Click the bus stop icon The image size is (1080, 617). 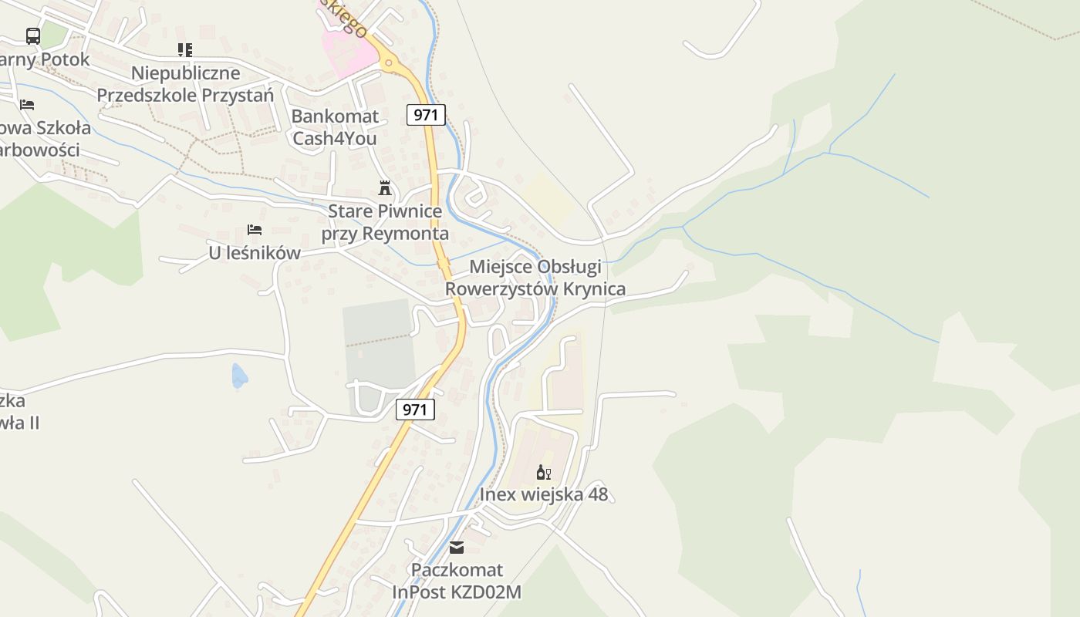pyautogui.click(x=32, y=35)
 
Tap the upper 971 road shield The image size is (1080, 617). pyautogui.click(x=426, y=115)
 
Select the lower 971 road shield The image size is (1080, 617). pyautogui.click(x=415, y=409)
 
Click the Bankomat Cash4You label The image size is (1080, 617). pyautogui.click(x=335, y=127)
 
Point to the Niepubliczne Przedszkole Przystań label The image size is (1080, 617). pyautogui.click(x=185, y=84)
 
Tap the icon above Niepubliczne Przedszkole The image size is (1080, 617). pyautogui.click(x=185, y=50)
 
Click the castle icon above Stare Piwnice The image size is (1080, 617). pyautogui.click(x=384, y=187)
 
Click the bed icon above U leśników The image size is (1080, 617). pyautogui.click(x=255, y=230)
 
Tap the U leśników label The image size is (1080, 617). pyautogui.click(x=255, y=253)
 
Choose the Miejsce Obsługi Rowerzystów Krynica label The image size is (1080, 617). pyautogui.click(x=535, y=278)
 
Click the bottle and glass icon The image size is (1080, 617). pyautogui.click(x=543, y=472)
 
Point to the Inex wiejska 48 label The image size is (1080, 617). pyautogui.click(x=544, y=494)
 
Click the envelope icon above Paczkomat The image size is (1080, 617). pyautogui.click(x=457, y=548)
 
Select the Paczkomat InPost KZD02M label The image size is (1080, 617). pyautogui.click(x=457, y=581)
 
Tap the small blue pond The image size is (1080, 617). pyautogui.click(x=239, y=376)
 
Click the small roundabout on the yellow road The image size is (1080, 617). pyautogui.click(x=389, y=63)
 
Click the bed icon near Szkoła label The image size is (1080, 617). pyautogui.click(x=27, y=104)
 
